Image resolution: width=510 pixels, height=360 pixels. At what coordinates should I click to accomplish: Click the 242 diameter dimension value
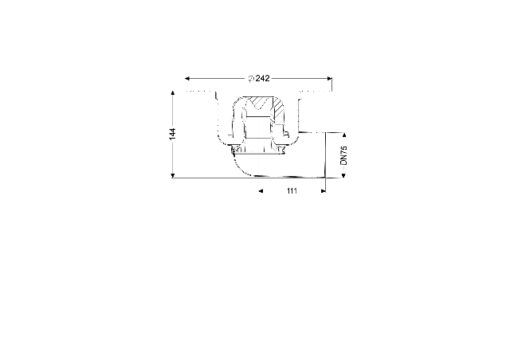coord(262,78)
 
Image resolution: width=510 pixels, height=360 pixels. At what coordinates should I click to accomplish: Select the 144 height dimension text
coord(172,134)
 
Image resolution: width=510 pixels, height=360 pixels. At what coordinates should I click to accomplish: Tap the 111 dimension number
coord(292,191)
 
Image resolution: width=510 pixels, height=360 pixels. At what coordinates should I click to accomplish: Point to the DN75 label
coord(343,155)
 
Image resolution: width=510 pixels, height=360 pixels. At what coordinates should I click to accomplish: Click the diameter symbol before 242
coord(251,79)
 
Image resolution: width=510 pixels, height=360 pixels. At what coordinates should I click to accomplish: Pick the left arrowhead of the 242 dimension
coord(187,78)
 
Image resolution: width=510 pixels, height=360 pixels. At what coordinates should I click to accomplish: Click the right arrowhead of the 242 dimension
coord(330,78)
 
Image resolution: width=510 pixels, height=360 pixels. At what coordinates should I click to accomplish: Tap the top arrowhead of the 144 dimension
coord(173,93)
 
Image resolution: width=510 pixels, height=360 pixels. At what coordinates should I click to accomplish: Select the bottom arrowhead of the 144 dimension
coord(173,176)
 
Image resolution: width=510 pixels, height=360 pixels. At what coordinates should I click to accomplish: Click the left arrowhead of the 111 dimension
coord(261,191)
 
